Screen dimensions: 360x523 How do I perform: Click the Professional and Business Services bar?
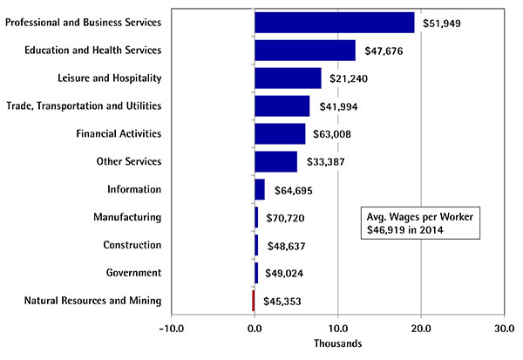coord(334,23)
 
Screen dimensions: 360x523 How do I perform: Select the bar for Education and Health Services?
coord(304,51)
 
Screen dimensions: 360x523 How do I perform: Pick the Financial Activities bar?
coord(280,134)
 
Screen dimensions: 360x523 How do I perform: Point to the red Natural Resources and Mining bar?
coord(254,301)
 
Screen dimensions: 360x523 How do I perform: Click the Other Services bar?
coord(275,162)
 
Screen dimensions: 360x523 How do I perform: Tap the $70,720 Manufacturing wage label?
coord(286,218)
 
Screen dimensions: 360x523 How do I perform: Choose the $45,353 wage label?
coord(283,302)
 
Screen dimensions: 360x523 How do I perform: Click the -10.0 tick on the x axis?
coord(171,329)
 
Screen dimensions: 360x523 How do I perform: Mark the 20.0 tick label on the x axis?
coord(421,329)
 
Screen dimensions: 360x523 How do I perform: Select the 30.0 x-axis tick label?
coord(504,329)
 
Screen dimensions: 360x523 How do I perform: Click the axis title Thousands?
coord(337,344)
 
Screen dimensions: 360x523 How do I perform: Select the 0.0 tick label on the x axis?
coord(255,329)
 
